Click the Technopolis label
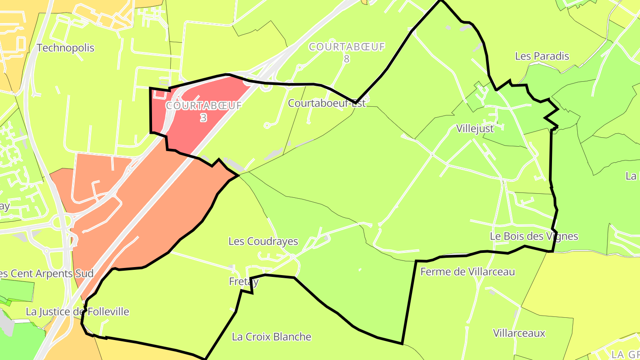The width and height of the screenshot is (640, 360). [66, 48]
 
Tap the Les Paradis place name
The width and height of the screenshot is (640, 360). [542, 56]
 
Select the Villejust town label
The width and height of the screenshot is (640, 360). [475, 128]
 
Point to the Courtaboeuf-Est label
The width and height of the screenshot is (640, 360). [327, 103]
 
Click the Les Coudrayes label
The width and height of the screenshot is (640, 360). [263, 241]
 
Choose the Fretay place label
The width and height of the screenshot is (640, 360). [244, 281]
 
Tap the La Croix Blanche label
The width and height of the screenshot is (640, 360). [272, 337]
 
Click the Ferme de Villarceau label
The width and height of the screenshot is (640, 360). [468, 272]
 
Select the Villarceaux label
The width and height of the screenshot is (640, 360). [519, 333]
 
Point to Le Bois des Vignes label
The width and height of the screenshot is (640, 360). [534, 236]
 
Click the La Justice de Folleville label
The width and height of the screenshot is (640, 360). [77, 312]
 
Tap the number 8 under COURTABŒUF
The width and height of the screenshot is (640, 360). [347, 58]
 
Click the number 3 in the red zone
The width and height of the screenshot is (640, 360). [204, 118]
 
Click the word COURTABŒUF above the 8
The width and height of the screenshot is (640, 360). [347, 47]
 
